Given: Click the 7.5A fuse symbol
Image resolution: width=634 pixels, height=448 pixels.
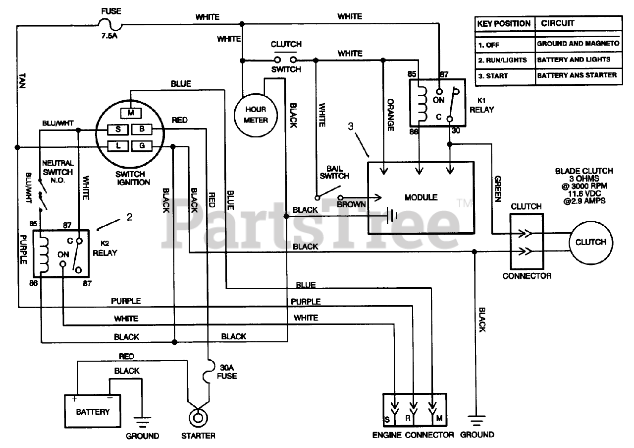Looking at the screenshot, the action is coord(110,25).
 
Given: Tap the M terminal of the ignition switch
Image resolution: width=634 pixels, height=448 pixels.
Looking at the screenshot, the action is coord(131,113).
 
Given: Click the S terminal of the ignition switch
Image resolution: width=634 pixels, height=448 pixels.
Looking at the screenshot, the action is coord(118,129).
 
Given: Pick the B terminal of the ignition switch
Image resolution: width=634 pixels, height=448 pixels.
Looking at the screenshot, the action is coord(142,129).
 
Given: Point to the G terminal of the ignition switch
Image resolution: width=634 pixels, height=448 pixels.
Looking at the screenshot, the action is coord(142,146).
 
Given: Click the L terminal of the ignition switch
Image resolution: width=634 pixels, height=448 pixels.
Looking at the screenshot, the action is coord(118,146).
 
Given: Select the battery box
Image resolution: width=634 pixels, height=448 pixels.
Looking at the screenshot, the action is coord(93,411).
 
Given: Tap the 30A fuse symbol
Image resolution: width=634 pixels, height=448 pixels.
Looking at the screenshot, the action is coord(209,372).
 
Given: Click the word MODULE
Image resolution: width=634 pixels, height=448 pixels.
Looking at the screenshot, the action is coord(421,197).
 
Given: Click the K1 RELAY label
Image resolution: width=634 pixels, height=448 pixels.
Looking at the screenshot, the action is coord(482,105).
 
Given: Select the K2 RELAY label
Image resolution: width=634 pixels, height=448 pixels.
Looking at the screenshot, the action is coord(105,249).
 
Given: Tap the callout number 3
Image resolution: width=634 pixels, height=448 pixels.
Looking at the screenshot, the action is coord(351,127).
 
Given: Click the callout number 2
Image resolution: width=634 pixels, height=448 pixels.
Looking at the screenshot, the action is coord(129,217).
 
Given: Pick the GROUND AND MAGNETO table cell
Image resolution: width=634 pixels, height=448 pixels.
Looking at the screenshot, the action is coord(578,44).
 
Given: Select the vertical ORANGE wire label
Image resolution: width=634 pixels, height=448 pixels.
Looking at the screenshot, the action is coord(391,115).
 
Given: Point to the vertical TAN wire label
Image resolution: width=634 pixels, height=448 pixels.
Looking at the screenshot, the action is coord(22,80).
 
